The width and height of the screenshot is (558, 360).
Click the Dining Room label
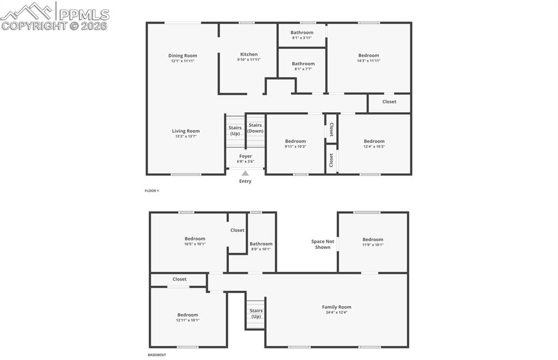[183, 56]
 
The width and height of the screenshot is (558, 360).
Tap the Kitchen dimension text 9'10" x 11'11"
[249, 60]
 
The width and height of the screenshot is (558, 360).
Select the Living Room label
[186, 131]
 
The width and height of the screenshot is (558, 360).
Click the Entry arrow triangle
[245, 173]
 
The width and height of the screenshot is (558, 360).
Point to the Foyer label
[245, 156]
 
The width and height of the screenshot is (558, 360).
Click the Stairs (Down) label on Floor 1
[256, 128]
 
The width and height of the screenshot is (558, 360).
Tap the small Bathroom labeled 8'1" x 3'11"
[302, 33]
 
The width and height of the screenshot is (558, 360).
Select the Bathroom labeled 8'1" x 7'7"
[303, 64]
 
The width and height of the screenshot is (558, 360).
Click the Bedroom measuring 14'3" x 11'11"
[368, 56]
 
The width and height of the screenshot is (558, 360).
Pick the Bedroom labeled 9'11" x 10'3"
[295, 142]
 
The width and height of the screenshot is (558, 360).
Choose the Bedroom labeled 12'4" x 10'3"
[374, 142]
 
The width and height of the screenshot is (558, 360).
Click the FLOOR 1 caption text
[151, 191]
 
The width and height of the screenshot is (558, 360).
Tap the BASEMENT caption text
[157, 355]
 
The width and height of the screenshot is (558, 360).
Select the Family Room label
[336, 307]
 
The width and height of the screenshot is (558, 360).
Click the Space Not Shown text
[323, 244]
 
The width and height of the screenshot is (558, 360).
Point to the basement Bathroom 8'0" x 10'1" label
[260, 244]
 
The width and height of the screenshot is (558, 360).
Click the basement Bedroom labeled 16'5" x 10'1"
[195, 239]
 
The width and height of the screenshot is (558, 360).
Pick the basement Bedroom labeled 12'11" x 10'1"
[187, 315]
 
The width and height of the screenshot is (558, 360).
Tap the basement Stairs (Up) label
[256, 314]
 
